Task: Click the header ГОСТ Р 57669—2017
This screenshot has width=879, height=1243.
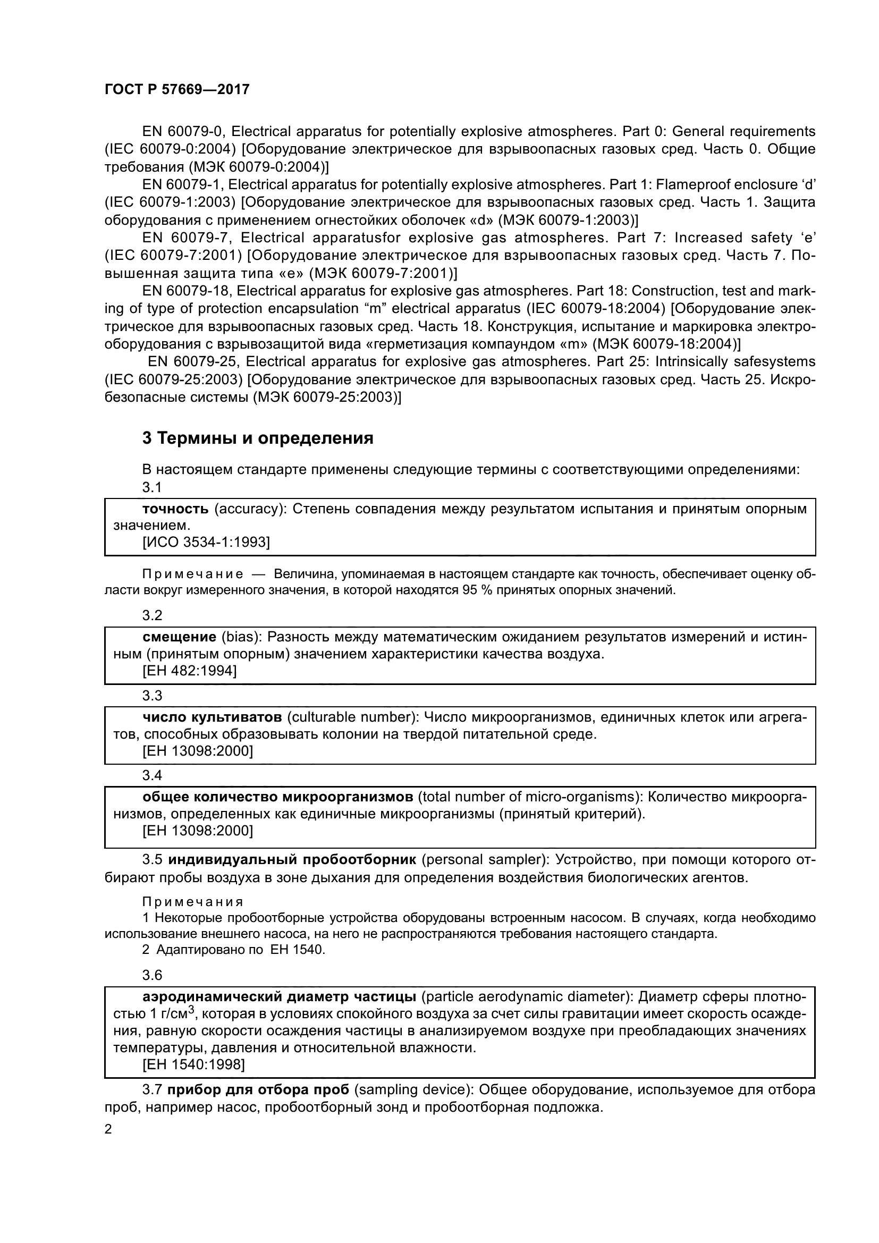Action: coord(177,90)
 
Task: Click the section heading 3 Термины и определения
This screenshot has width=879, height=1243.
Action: coord(258,438)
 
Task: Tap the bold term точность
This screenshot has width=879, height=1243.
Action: coord(175,509)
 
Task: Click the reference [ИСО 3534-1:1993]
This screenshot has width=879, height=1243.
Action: coord(206,542)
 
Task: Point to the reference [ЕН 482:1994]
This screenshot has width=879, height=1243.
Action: coord(189,671)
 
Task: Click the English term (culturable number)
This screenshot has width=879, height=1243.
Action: coord(353,717)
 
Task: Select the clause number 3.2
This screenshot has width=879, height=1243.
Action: coord(152,615)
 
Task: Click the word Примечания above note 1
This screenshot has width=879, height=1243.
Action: coord(193,902)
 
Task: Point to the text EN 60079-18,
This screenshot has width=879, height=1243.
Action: coord(187,291)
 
